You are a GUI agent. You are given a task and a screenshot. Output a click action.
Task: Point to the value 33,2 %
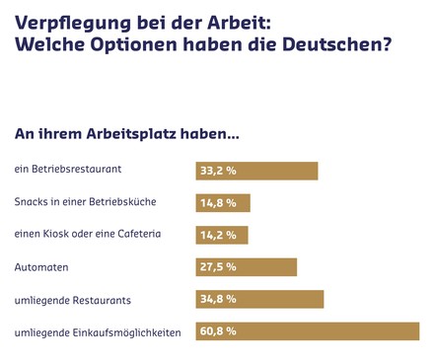click(218, 171)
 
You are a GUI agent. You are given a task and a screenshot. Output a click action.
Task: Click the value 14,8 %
click(218, 203)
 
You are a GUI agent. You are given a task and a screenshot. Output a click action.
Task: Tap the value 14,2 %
click(218, 235)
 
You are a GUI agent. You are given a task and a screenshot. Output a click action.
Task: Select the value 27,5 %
click(218, 267)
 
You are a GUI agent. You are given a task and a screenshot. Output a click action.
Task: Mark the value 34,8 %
click(218, 299)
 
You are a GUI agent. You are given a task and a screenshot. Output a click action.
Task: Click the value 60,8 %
click(218, 331)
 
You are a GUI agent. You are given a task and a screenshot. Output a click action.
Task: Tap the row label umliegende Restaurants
click(73, 299)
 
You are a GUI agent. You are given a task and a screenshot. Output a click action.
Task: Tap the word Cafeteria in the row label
click(134, 235)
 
